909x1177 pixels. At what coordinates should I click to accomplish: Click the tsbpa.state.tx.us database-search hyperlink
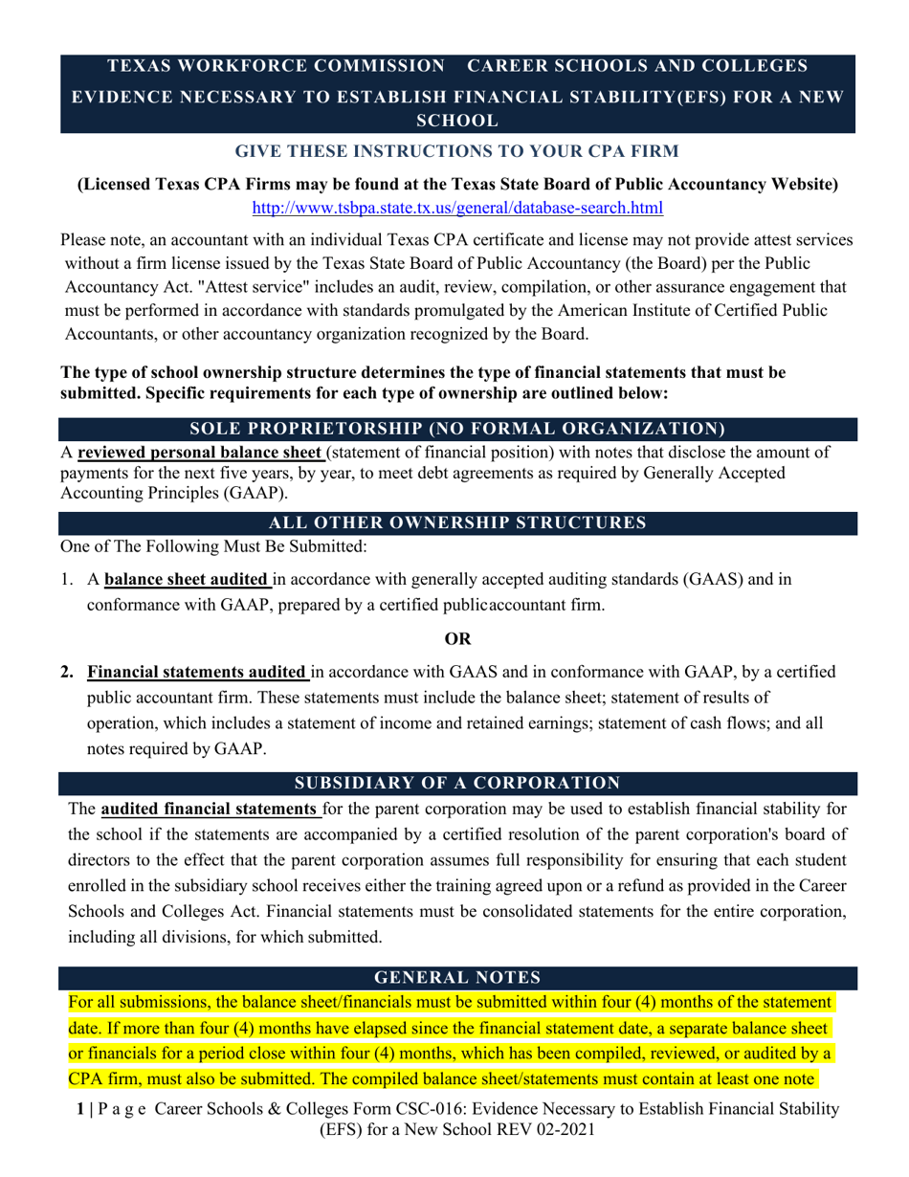tap(456, 207)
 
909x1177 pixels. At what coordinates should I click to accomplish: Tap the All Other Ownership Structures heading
tap(457, 522)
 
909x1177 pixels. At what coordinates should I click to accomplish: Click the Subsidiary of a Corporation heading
tap(457, 783)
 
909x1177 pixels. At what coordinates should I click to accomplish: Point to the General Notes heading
tap(457, 977)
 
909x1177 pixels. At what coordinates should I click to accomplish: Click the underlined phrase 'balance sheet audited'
tap(187, 579)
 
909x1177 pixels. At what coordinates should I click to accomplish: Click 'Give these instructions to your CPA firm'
tap(457, 152)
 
